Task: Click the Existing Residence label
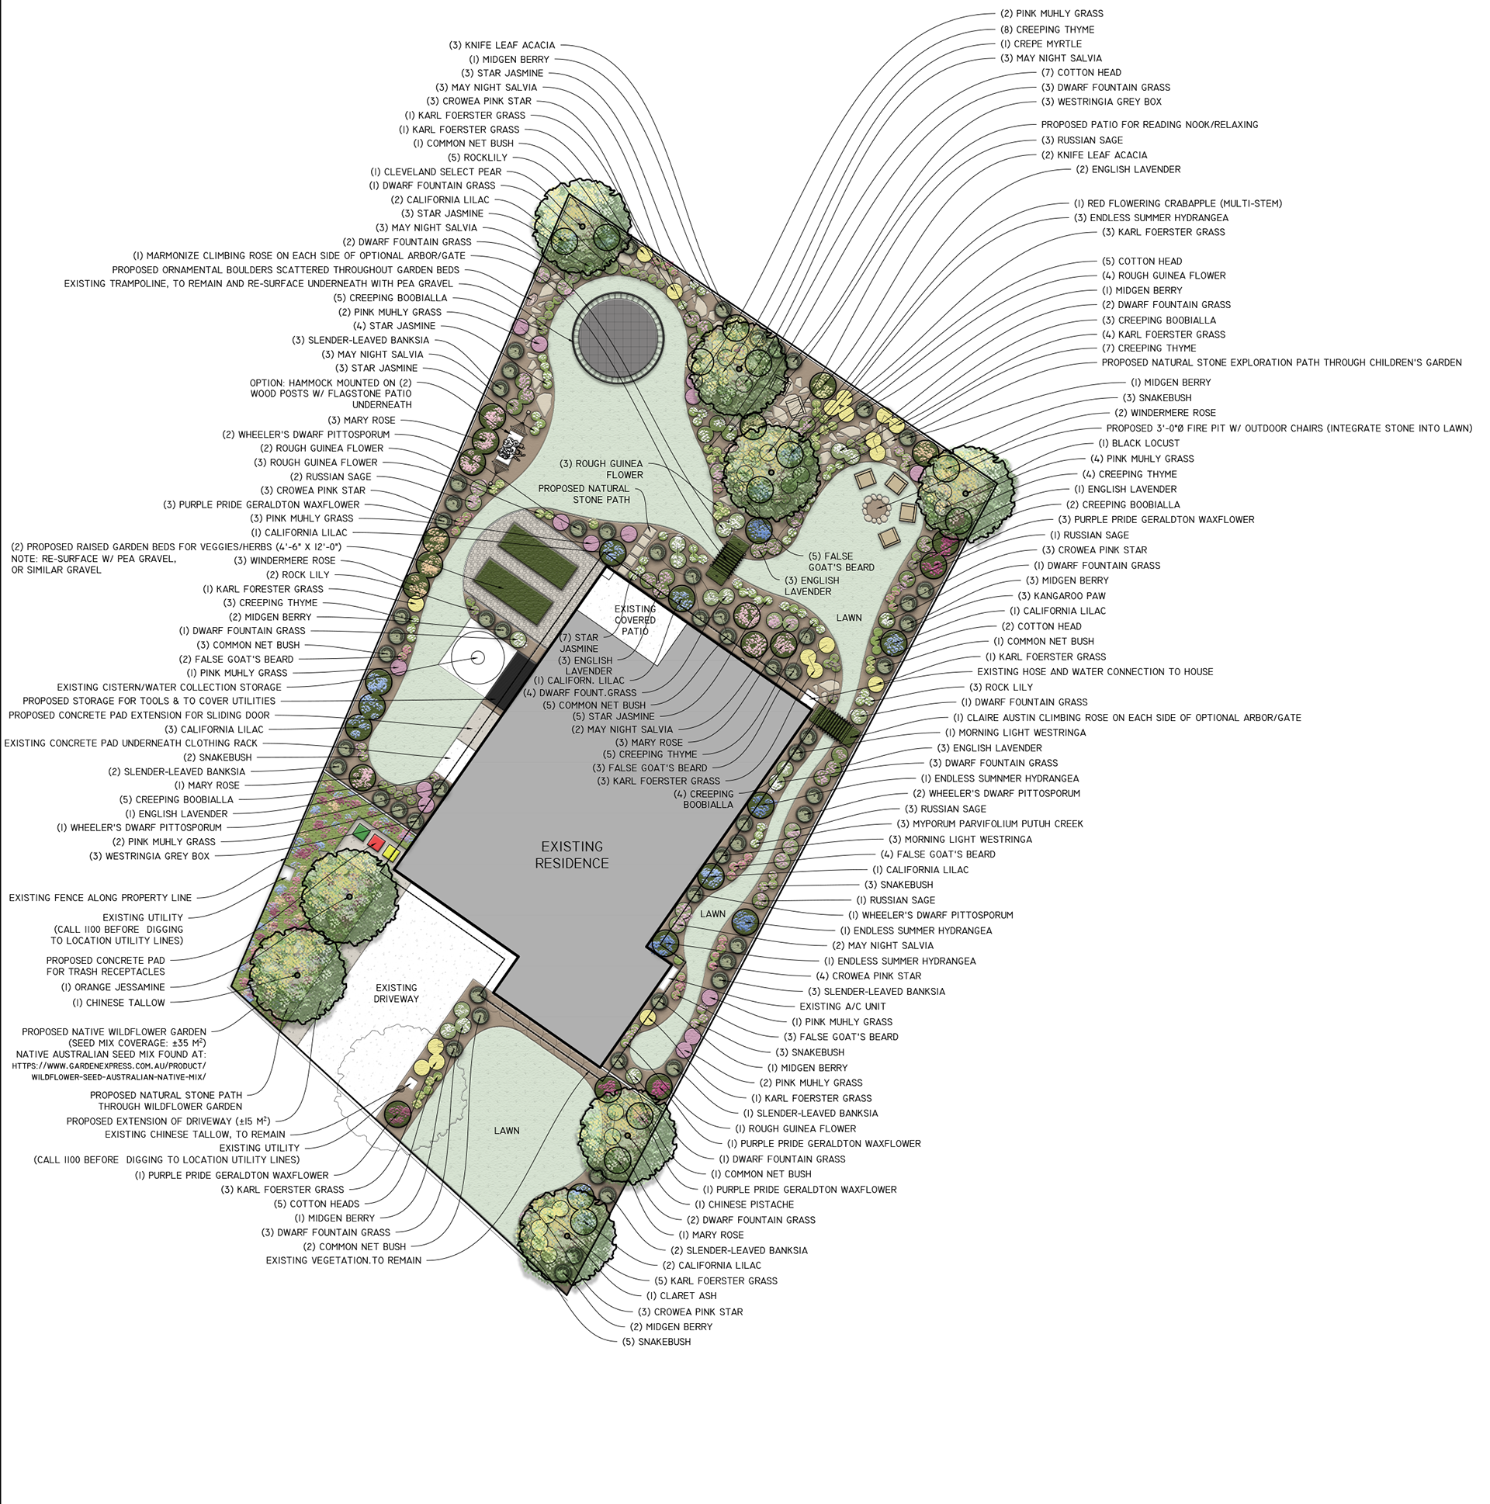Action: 571,854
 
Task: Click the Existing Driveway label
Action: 397,993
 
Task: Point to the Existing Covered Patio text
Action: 636,620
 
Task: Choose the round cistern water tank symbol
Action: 478,659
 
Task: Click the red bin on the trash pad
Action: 377,842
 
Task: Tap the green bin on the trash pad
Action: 360,831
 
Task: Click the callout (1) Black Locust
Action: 1139,443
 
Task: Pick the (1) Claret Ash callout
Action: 681,1296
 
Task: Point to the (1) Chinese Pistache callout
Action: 744,1204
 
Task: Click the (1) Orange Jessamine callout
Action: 113,987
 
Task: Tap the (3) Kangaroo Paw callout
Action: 1061,595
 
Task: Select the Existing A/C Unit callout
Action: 842,1007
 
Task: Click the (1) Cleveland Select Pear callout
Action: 436,172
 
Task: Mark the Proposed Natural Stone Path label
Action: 584,494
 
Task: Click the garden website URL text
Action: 109,1071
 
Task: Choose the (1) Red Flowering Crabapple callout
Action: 1177,204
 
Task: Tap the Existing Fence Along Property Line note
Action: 99,898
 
